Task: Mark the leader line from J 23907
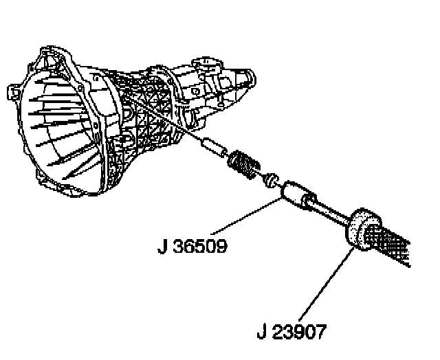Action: click(x=322, y=281)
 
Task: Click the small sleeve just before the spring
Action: click(x=214, y=147)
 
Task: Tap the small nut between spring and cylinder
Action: click(x=272, y=179)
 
